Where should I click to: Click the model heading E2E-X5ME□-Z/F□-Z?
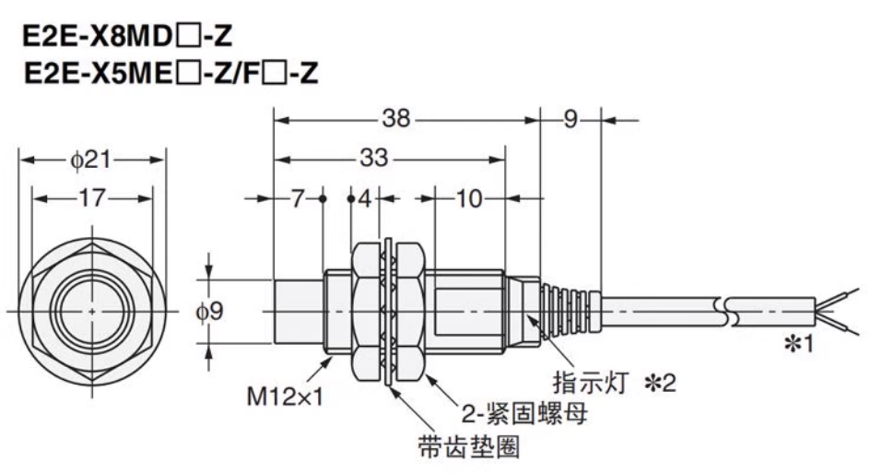[x=171, y=74]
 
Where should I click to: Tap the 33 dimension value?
[x=372, y=158]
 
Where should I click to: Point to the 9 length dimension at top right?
[x=570, y=119]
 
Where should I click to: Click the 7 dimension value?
[x=296, y=198]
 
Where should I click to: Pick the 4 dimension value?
[x=365, y=198]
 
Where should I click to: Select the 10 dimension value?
[x=469, y=198]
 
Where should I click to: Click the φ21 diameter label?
[x=91, y=160]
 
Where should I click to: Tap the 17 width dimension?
[x=91, y=198]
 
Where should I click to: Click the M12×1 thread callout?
[x=279, y=397]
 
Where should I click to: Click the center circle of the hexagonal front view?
[x=91, y=311]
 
